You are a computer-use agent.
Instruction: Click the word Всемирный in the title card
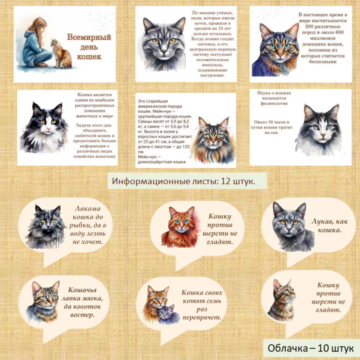point(89,37)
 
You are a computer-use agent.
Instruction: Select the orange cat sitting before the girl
point(61,54)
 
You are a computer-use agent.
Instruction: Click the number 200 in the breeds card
point(309,27)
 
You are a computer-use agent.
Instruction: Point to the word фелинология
point(274,104)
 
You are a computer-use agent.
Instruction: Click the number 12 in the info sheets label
point(226,181)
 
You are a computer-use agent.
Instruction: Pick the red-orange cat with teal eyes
point(180,227)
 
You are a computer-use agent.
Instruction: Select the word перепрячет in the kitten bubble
point(202,318)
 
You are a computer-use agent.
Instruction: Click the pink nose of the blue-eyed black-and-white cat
point(323,135)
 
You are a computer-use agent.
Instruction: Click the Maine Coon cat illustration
point(213,141)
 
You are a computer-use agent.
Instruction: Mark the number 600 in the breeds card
point(339,32)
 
